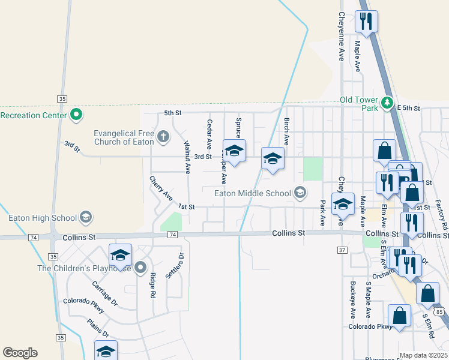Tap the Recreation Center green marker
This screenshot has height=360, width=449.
76,113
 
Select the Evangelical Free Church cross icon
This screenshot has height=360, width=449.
162,137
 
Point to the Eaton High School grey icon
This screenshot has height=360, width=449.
86,217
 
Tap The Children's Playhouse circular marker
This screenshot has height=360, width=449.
140,268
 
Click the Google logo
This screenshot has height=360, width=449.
20,353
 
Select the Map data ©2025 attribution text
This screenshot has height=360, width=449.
424,356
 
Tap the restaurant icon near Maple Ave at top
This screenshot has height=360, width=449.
366,22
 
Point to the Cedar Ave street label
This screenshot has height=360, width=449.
209,134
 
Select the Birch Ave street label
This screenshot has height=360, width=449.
286,131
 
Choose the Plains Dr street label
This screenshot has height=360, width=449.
98,329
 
